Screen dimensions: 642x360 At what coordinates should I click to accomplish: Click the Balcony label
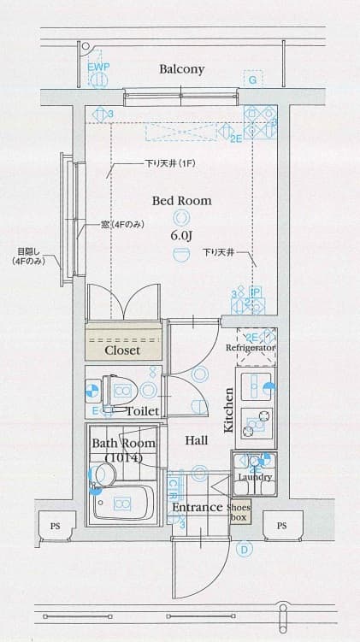[x=181, y=69]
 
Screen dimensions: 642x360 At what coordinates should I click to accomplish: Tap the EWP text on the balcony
[x=98, y=66]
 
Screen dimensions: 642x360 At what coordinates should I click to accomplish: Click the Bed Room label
[x=181, y=201]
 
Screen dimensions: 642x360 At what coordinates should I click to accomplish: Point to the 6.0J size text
[x=181, y=235]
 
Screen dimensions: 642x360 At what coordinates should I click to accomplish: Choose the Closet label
[x=122, y=350]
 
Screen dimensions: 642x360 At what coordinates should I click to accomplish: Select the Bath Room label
[x=123, y=444]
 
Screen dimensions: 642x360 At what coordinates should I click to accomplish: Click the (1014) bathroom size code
[x=123, y=458]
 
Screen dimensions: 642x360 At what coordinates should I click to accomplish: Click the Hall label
[x=197, y=440]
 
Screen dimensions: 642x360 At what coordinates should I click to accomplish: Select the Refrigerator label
[x=250, y=349]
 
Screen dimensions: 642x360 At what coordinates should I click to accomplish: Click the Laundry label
[x=255, y=477]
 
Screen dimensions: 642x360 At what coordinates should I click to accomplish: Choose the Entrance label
[x=198, y=507]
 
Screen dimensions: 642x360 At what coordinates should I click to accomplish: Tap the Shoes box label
[x=239, y=512]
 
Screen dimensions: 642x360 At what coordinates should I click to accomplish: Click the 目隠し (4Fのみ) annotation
[x=28, y=256]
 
